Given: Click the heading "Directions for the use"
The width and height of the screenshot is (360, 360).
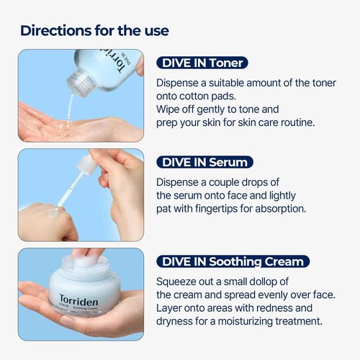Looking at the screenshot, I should click(94, 30).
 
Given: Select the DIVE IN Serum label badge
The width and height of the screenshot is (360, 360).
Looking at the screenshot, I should click(204, 162).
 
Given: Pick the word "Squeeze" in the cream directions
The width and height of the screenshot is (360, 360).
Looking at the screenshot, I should click(179, 280).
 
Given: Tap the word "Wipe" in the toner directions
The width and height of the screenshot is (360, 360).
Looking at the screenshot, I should click(169, 110).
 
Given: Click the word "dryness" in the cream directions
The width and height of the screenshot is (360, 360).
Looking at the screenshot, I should click(177, 321).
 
